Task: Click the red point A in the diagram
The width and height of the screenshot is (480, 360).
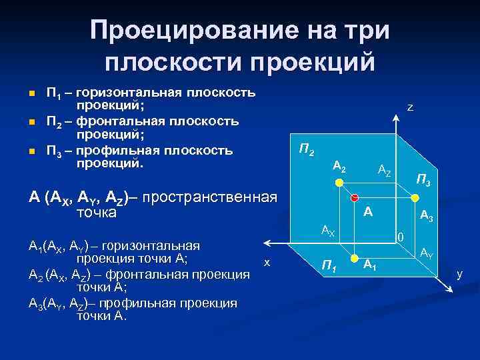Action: (x=355, y=197)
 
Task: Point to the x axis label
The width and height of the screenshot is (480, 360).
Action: (x=267, y=263)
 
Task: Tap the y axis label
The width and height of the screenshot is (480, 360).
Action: (x=459, y=273)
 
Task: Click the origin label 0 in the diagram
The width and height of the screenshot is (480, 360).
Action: (x=400, y=237)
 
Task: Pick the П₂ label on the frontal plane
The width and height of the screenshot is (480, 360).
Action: (x=306, y=150)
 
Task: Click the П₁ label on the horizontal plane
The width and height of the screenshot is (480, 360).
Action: (x=328, y=266)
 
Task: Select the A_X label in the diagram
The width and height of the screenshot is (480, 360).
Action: (x=327, y=231)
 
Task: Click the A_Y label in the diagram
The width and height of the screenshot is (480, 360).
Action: (x=426, y=253)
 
